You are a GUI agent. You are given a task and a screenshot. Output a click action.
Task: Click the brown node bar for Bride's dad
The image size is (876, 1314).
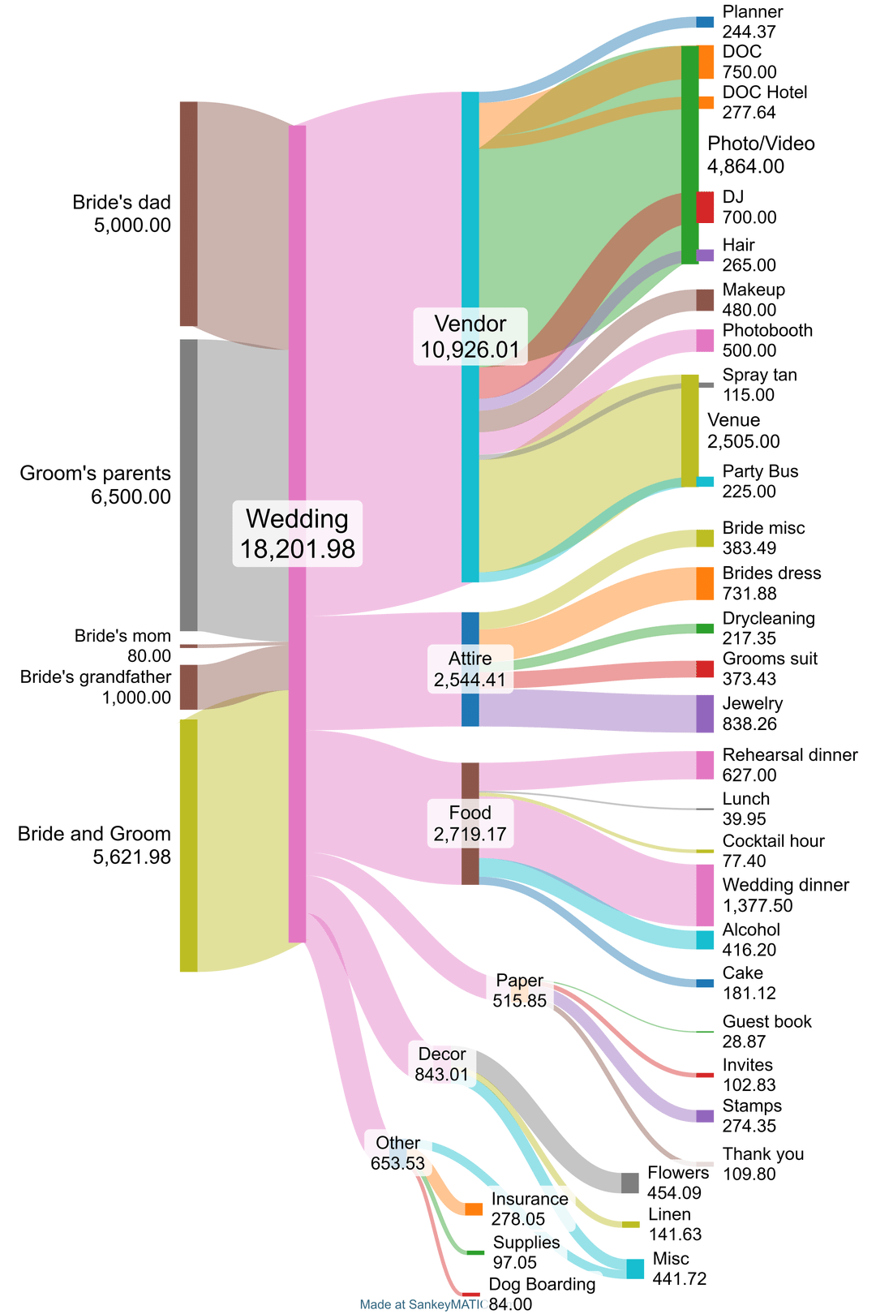188,213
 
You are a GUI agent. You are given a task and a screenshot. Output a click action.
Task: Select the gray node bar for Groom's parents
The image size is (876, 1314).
188,484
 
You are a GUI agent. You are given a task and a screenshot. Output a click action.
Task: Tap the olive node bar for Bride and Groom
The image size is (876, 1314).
188,845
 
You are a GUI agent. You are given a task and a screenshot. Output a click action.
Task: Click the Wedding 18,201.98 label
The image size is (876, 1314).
298,534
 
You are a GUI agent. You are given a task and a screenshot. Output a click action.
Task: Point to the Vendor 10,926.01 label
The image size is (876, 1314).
470,337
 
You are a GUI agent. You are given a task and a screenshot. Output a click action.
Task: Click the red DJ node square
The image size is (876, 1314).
705,207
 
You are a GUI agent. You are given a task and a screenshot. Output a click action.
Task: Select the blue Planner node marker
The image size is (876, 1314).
705,23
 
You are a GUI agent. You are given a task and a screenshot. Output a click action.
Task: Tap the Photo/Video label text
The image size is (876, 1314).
761,144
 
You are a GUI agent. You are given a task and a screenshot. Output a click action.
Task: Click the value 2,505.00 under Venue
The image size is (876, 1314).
744,442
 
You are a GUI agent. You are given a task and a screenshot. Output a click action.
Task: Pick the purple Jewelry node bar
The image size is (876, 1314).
705,714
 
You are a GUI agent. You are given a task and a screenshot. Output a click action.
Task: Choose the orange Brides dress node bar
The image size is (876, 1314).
705,583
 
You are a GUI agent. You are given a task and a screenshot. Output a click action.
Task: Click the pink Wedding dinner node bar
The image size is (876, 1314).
705,895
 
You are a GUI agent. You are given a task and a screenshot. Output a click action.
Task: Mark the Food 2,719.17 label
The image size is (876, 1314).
470,823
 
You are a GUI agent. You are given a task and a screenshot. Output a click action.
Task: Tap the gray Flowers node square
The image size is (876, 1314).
630,1183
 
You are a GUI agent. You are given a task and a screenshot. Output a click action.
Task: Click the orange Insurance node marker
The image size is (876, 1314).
474,1209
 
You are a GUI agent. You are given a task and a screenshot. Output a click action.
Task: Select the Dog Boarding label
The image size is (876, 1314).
542,1284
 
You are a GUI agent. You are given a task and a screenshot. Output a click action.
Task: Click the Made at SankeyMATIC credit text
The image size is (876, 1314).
422,1304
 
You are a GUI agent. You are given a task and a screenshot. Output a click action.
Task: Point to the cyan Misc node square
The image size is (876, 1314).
635,1269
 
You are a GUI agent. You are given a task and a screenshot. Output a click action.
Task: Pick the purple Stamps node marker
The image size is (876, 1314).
705,1116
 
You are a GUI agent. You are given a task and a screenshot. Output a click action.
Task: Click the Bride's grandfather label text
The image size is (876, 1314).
96,676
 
